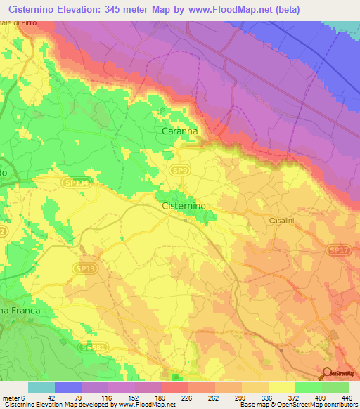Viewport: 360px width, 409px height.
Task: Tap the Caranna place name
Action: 176,131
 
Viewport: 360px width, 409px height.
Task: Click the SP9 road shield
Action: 181,170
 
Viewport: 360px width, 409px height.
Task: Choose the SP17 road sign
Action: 339,250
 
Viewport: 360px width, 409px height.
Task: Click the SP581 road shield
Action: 90,347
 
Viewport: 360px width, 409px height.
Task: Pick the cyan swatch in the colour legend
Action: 41,387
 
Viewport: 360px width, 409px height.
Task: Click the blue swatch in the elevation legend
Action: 67,387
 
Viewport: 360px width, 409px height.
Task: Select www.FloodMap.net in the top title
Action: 226,8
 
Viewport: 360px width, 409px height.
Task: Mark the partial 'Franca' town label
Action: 20,310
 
